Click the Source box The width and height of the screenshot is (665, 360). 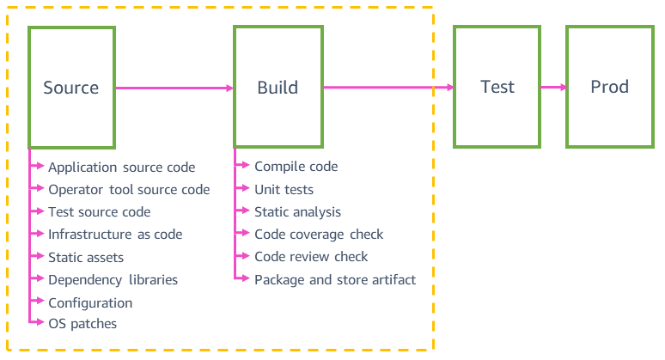click(71, 88)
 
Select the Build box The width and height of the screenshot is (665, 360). click(278, 88)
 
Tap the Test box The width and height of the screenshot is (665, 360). click(497, 87)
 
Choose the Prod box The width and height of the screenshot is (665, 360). click(609, 87)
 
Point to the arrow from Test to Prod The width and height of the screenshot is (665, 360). click(552, 87)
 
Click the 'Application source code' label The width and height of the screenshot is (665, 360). click(121, 168)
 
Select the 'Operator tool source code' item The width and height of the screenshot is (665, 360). click(129, 190)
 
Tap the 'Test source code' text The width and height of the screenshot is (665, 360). click(99, 212)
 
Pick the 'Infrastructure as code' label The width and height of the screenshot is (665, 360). click(115, 235)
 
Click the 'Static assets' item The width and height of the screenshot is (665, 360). click(86, 257)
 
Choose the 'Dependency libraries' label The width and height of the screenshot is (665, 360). click(113, 279)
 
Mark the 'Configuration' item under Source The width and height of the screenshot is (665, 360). click(90, 302)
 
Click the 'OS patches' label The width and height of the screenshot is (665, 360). click(82, 324)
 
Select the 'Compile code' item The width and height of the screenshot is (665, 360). click(296, 167)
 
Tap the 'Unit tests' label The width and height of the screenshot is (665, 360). click(284, 190)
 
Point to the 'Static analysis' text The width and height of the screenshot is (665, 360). click(297, 212)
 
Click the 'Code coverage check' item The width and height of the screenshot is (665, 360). click(319, 235)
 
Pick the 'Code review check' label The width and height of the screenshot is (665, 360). click(311, 257)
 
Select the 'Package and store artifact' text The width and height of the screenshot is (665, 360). click(335, 279)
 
